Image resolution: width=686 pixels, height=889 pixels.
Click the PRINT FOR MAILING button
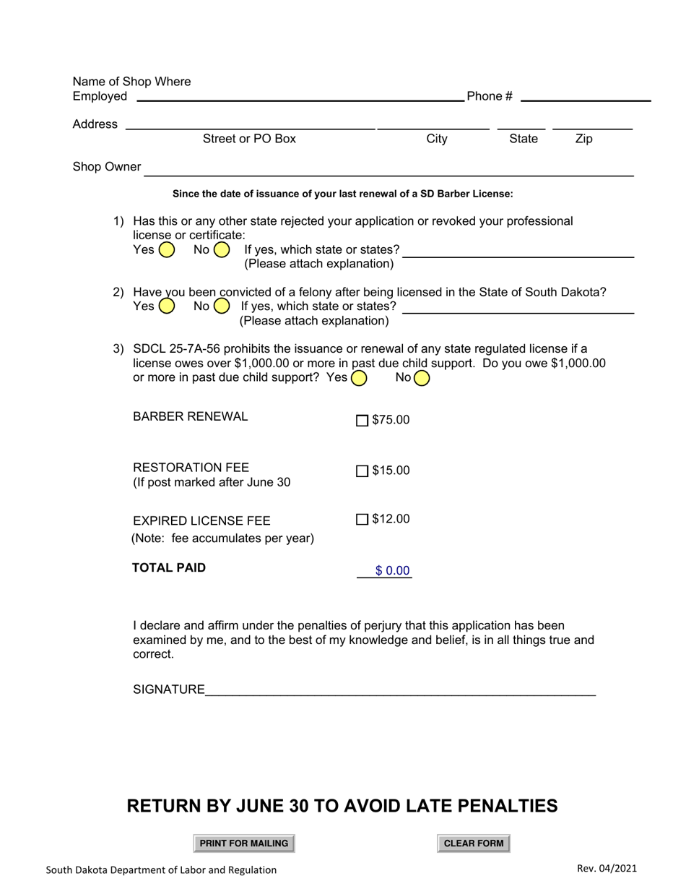click(x=244, y=843)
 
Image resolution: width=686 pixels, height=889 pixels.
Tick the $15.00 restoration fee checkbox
click(x=362, y=471)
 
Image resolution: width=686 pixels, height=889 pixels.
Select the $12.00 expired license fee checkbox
click(x=362, y=519)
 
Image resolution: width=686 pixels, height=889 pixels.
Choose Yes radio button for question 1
click(x=166, y=250)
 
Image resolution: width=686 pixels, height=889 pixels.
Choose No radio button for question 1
click(x=222, y=250)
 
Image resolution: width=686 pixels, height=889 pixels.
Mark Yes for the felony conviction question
click(x=166, y=306)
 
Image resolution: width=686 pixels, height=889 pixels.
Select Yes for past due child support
click(x=358, y=377)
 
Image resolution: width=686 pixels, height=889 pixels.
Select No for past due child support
click(x=422, y=377)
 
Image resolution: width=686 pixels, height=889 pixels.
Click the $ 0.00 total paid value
click(x=392, y=571)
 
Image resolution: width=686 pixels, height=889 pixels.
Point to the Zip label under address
click(x=583, y=139)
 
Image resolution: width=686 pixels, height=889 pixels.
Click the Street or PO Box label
click(x=249, y=139)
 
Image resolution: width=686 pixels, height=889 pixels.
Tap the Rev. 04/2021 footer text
click(x=607, y=869)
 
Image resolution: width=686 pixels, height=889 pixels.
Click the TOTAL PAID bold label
click(x=168, y=567)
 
